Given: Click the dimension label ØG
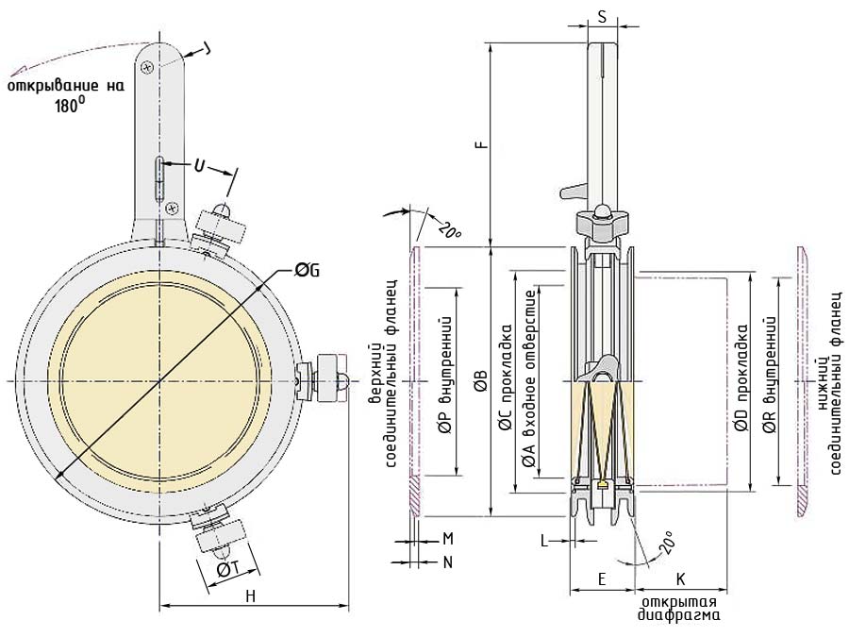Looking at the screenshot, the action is click(307, 270).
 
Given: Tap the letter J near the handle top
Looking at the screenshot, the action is click(206, 50).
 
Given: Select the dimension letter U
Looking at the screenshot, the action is click(200, 166).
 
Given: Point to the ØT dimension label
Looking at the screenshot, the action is click(228, 569).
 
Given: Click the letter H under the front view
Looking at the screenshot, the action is click(250, 596).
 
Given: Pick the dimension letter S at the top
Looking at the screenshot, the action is click(602, 17).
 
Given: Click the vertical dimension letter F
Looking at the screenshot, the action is click(483, 144).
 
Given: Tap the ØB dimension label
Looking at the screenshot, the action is click(481, 380).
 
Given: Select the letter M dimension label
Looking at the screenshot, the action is click(448, 539).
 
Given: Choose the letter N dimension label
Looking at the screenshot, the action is click(448, 562).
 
